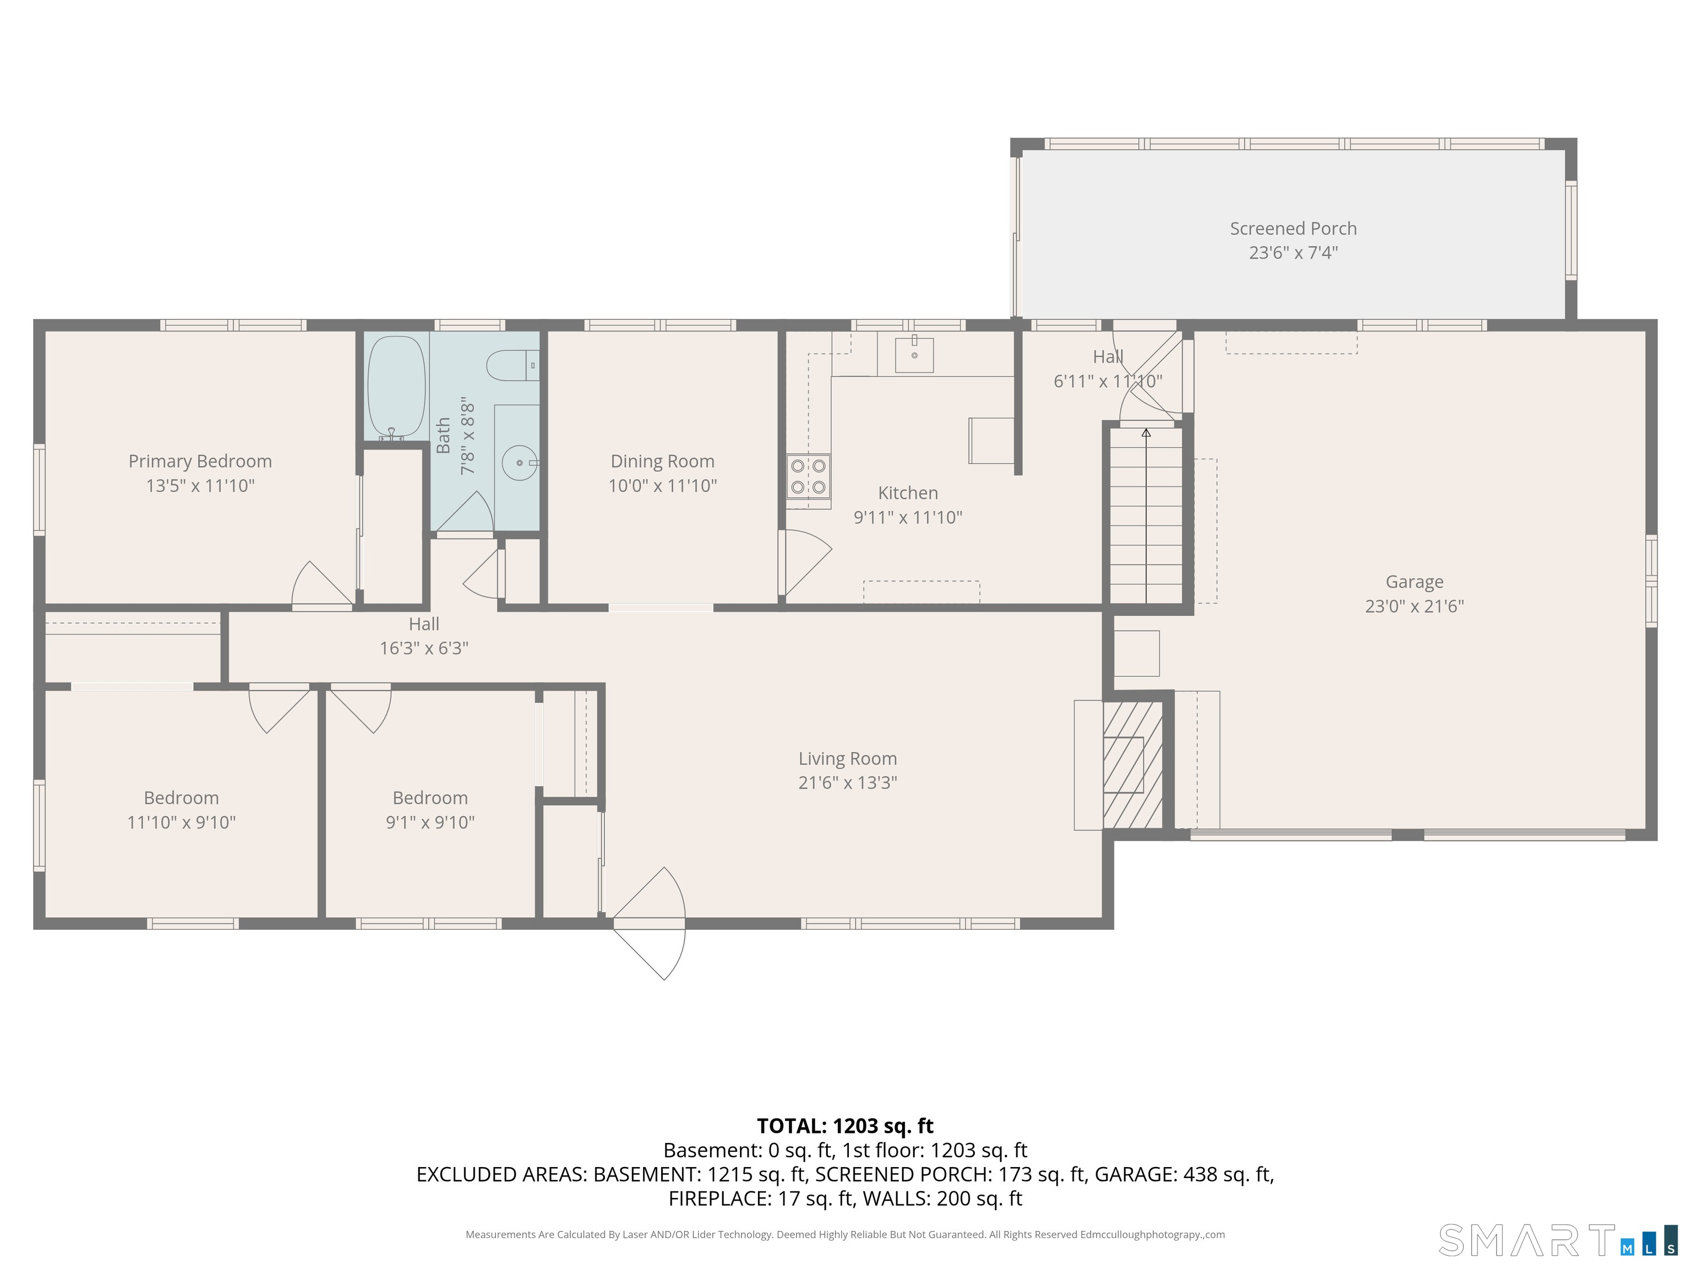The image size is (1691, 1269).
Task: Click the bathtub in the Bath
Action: click(396, 387)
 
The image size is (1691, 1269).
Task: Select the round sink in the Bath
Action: click(520, 463)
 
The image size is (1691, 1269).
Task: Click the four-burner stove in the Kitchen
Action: click(808, 476)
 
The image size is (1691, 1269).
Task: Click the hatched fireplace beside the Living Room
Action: click(1132, 764)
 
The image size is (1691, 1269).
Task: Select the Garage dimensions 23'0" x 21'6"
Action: click(1414, 606)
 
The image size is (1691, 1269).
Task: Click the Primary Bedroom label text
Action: click(200, 461)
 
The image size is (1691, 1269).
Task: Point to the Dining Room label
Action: click(662, 461)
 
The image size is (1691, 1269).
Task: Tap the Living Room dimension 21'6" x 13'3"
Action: click(848, 783)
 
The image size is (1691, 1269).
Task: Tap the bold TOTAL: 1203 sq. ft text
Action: click(845, 1126)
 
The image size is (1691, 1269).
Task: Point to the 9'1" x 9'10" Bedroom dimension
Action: click(430, 822)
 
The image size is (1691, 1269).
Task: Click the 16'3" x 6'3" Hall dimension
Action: click(424, 648)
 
